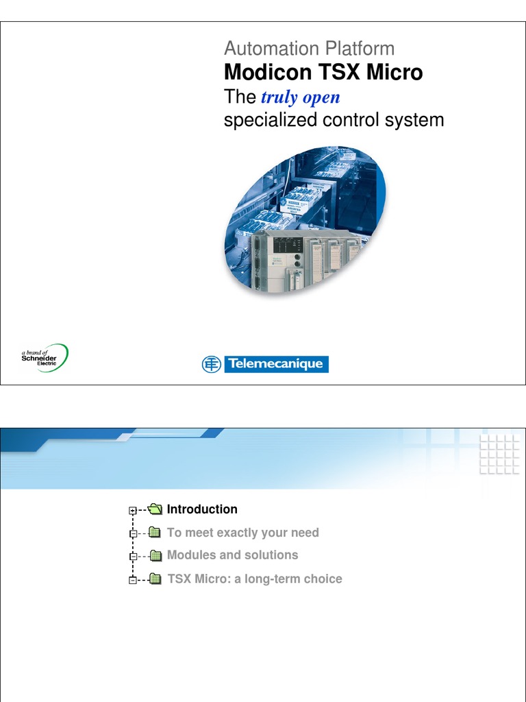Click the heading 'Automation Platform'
[x=309, y=49]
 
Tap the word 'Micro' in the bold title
[x=394, y=73]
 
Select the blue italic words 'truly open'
[x=301, y=97]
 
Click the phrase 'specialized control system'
[x=334, y=120]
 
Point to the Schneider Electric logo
[x=45, y=358]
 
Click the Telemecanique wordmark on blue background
[x=275, y=364]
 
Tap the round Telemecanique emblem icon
[x=211, y=364]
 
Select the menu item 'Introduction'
[x=202, y=509]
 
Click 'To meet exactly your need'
[x=242, y=533]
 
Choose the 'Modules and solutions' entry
[x=232, y=555]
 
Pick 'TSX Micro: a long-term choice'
[x=254, y=579]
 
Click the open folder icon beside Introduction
[x=155, y=509]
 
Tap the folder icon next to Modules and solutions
[x=155, y=556]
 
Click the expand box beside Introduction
[x=132, y=511]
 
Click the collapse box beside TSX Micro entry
[x=132, y=581]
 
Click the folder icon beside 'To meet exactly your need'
[x=155, y=533]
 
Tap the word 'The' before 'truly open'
[x=240, y=97]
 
